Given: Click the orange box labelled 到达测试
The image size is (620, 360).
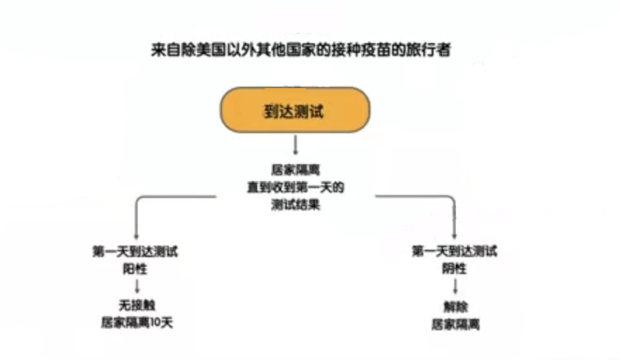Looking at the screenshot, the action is click(x=295, y=110).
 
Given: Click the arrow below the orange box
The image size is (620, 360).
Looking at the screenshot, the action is click(x=295, y=145).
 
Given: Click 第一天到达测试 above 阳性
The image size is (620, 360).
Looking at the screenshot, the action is click(x=137, y=250).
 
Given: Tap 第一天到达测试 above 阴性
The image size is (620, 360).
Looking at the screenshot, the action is click(x=455, y=250).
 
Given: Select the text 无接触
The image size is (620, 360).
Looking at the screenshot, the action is click(x=137, y=306).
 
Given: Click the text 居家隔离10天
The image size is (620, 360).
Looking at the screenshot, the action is click(x=137, y=322).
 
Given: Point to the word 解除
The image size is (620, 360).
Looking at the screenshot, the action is click(x=455, y=306).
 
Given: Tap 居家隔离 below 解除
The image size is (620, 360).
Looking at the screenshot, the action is click(x=455, y=323).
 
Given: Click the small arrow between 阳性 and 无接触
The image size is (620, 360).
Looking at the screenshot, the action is click(x=137, y=286).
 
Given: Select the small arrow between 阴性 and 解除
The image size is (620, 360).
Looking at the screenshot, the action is click(x=455, y=286).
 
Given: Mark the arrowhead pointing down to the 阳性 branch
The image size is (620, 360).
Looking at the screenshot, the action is click(x=137, y=235).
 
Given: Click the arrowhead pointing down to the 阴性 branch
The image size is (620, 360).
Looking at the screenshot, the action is click(x=455, y=235).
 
